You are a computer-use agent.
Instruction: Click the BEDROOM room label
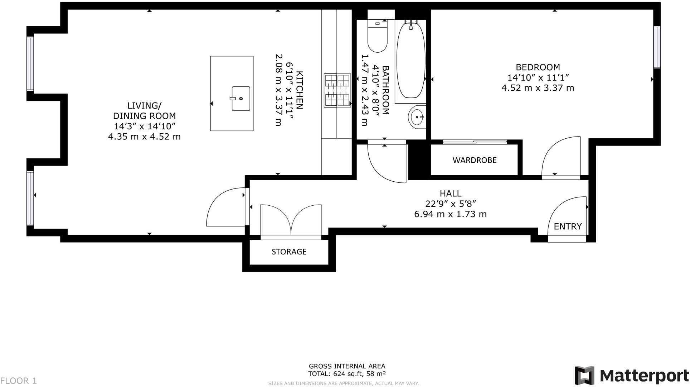coord(538,67)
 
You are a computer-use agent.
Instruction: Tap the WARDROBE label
coord(474,160)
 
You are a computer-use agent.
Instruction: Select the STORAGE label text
coord(289,252)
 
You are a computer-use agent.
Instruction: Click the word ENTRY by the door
coord(568,226)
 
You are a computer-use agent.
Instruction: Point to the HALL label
coord(450,193)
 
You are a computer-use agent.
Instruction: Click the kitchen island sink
coord(240,99)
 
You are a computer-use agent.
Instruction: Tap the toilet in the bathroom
coord(377,37)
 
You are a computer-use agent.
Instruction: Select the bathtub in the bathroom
coord(411,60)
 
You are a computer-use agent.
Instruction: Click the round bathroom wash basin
coord(417,117)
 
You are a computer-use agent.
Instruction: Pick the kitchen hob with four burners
coord(337,90)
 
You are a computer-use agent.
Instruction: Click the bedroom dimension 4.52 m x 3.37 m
coord(538,88)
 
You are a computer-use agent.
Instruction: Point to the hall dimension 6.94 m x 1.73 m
coord(450,214)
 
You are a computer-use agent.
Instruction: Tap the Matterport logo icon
coord(584,375)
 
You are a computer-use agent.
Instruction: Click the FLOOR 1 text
coord(19,381)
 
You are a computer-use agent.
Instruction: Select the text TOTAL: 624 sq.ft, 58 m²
coord(347,374)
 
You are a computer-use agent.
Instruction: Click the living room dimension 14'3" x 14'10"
coord(144,126)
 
